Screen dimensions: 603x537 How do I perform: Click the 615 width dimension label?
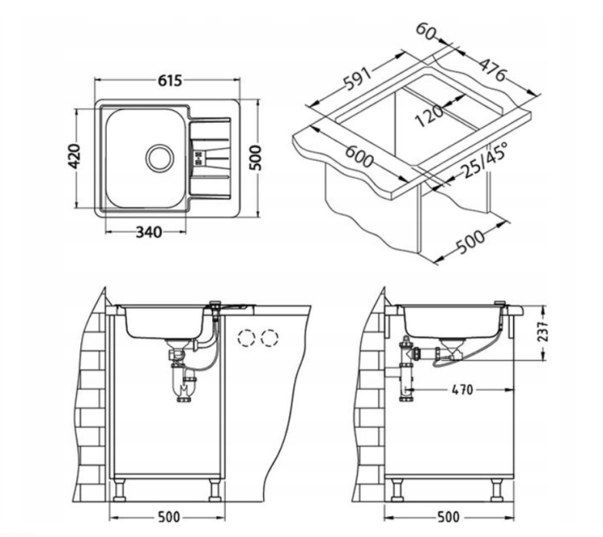170,80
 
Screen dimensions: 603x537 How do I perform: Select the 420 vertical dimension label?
74,157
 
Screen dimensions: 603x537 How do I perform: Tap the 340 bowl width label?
149,232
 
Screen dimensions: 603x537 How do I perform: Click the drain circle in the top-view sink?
160,158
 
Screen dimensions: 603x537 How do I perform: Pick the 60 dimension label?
426,32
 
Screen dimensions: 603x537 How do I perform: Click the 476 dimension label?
493,70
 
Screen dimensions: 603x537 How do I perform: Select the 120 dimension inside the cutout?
429,115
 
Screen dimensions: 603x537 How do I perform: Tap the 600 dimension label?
359,156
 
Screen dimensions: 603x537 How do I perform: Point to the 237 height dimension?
542,332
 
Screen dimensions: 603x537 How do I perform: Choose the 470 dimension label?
462,390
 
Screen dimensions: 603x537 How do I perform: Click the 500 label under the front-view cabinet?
169,517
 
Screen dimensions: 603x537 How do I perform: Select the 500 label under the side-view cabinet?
448,517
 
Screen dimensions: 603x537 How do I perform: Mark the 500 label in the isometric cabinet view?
470,241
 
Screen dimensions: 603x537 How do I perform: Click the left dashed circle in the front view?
247,338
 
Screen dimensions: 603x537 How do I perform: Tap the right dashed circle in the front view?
269,338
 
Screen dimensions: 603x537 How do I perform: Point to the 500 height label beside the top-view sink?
256,158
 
